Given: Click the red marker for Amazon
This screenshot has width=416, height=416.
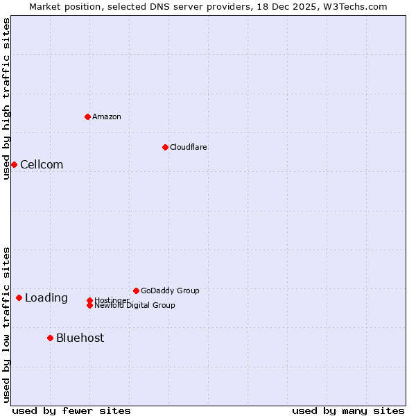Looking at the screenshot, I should [x=87, y=116].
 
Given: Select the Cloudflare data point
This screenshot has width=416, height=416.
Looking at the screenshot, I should [x=165, y=147].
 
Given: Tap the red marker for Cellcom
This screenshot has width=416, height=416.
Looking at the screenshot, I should [x=14, y=164].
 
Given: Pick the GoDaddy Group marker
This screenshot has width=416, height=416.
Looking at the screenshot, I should [x=136, y=291].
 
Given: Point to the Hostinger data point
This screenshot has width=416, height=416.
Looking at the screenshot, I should [x=89, y=300].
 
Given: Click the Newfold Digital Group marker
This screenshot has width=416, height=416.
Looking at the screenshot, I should [x=89, y=305].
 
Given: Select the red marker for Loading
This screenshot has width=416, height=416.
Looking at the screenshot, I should [x=19, y=297].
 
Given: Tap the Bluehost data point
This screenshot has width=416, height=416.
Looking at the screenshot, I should [x=50, y=338].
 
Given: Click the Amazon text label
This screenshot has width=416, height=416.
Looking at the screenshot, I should [x=107, y=116].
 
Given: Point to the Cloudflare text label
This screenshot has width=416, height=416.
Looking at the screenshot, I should [x=188, y=147].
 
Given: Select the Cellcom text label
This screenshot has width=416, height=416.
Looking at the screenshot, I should [x=42, y=164].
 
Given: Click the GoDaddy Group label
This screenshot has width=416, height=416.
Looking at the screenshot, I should [x=170, y=291].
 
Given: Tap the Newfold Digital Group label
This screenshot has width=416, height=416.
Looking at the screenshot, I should [x=135, y=306].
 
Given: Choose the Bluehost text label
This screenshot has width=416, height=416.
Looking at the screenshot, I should [x=80, y=338].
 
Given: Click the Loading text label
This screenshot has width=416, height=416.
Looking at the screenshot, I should [x=46, y=297].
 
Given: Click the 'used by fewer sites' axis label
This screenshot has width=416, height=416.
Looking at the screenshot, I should [x=71, y=410].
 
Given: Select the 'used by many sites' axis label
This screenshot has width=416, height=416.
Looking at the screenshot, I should [x=347, y=410].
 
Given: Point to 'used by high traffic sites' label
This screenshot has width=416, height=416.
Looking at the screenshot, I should [x=6, y=98].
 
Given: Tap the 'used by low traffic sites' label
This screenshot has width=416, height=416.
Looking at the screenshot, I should [x=6, y=324].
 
